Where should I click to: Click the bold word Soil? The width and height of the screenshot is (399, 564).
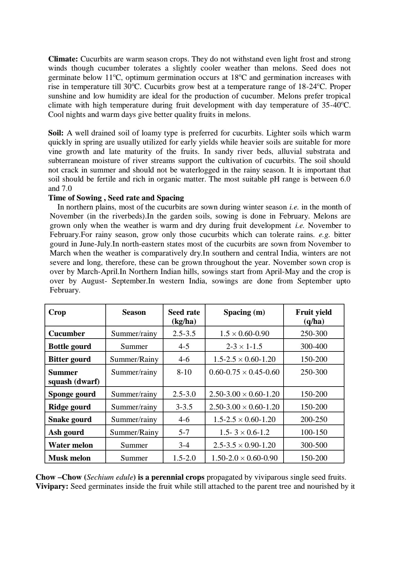tap(56, 133)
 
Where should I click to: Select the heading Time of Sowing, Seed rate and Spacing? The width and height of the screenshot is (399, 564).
tap(116, 198)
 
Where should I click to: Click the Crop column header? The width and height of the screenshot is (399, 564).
tap(57, 312)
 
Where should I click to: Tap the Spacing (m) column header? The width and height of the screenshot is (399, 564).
tap(244, 312)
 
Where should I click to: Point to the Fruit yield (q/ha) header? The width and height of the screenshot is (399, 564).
tap(313, 317)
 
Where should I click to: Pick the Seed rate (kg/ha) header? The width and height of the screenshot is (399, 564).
tap(184, 317)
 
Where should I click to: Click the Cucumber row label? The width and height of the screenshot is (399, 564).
tap(66, 333)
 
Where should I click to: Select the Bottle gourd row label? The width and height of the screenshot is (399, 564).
tap(70, 346)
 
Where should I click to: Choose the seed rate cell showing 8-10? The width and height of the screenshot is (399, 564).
tap(184, 372)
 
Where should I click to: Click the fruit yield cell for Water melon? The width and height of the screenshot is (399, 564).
tap(314, 445)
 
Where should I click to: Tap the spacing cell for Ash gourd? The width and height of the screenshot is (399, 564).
tap(244, 432)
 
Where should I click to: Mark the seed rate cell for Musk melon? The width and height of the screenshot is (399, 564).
tap(184, 458)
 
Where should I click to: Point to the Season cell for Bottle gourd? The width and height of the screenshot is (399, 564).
tap(134, 346)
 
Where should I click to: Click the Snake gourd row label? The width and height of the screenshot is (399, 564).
tap(70, 419)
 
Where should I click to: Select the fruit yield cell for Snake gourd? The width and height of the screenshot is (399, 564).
tap(314, 419)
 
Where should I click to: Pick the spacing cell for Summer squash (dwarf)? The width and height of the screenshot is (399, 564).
tap(244, 372)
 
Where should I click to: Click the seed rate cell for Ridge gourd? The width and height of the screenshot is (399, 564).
tap(184, 407)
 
